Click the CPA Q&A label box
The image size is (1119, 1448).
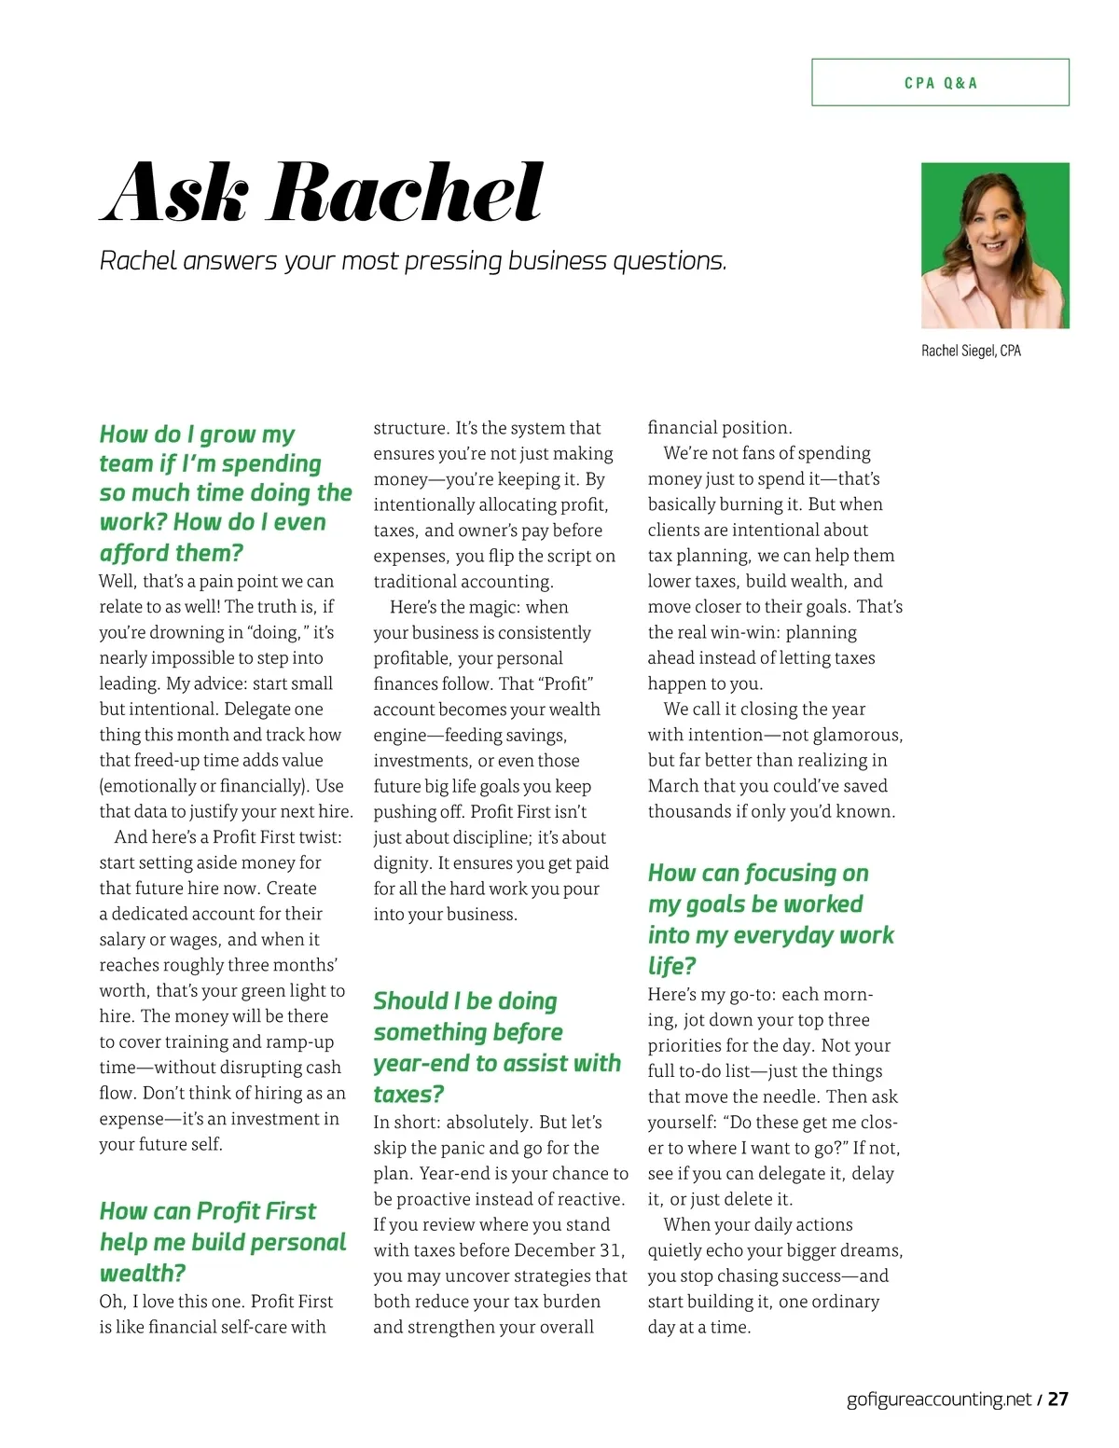940,83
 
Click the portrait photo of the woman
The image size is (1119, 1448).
995,245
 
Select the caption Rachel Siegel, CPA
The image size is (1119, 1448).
971,351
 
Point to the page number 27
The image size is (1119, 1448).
1057,1399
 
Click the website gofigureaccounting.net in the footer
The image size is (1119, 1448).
939,1399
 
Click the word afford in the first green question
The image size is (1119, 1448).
134,553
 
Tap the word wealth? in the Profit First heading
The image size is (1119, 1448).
143,1273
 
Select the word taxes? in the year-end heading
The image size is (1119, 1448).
408,1094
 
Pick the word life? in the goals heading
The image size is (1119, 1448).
672,966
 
